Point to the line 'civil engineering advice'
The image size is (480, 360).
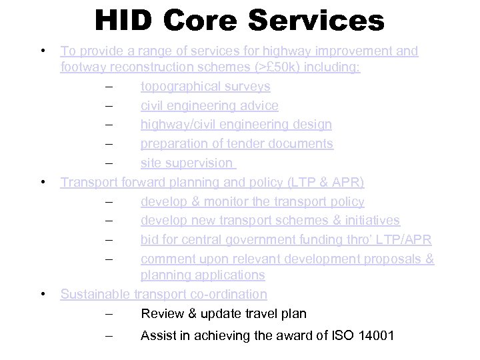click(209, 106)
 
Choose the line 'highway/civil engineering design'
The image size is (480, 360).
click(236, 125)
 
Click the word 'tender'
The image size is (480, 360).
click(261, 144)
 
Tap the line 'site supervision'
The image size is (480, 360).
click(187, 163)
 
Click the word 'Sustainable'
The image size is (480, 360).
click(96, 294)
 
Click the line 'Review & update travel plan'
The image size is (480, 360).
click(223, 313)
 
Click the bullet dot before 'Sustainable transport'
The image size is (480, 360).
click(43, 294)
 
